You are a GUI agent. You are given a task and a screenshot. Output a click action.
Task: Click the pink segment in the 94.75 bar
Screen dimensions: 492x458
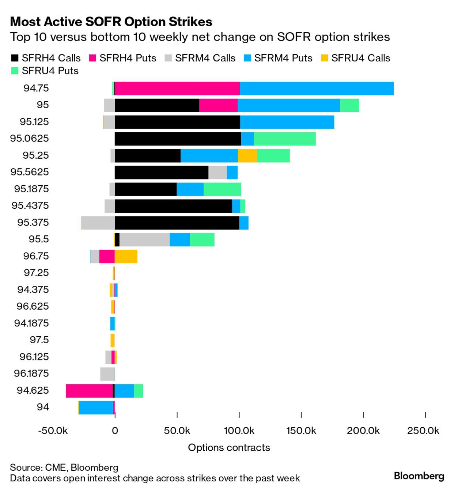(x=177, y=88)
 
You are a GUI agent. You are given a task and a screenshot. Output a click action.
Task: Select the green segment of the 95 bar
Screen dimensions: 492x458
(x=349, y=105)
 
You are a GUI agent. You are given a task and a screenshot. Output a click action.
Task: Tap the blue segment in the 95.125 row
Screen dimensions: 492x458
(x=287, y=122)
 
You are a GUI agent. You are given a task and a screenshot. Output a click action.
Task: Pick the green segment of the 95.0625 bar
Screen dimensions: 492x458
(x=285, y=139)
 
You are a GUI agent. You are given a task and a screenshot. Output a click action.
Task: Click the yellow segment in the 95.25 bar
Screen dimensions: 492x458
(x=247, y=156)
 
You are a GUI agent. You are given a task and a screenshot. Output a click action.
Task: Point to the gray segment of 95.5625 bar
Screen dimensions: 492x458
(x=217, y=173)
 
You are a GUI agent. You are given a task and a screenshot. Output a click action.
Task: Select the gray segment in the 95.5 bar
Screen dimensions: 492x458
(x=144, y=240)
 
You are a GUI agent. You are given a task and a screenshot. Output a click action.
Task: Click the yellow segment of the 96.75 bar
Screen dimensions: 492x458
(x=126, y=257)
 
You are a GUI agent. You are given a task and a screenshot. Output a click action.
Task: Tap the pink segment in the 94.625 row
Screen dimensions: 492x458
(x=89, y=391)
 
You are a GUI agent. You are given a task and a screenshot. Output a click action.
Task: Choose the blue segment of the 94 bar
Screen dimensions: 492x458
(x=96, y=408)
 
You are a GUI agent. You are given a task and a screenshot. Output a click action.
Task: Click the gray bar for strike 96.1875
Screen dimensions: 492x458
(x=107, y=374)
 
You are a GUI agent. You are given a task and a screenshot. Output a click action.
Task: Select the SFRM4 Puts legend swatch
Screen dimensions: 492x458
(x=248, y=58)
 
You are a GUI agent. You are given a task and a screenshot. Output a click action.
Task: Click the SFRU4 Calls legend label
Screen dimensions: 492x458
(x=360, y=58)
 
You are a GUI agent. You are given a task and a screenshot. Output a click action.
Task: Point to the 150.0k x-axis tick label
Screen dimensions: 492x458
(x=301, y=431)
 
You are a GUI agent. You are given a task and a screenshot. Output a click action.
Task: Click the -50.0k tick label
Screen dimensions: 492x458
(x=53, y=431)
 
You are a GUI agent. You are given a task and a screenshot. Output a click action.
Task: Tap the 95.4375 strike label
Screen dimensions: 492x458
(x=30, y=205)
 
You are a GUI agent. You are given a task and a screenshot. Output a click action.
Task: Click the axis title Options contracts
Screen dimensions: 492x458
(x=229, y=447)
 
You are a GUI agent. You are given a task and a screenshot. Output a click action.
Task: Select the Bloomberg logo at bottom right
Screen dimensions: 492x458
(x=419, y=476)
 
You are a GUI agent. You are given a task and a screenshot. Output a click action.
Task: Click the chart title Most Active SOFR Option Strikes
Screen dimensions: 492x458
(x=111, y=22)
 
